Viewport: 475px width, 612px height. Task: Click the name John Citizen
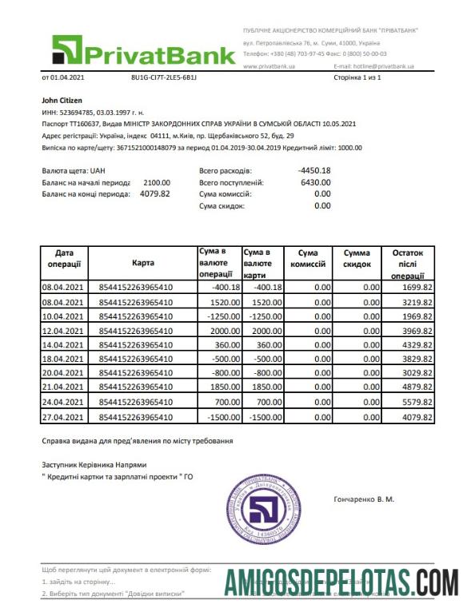62,101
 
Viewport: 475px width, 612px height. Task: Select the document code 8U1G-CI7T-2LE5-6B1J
163,77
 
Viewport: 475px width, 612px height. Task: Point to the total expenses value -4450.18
313,170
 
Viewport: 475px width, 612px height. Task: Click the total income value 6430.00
314,182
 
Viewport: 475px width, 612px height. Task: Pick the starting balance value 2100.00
157,182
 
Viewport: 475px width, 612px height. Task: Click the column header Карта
134,263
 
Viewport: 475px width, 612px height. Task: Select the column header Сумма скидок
357,257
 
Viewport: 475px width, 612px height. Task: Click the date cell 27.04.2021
63,418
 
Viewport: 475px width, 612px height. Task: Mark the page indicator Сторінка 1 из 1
357,77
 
